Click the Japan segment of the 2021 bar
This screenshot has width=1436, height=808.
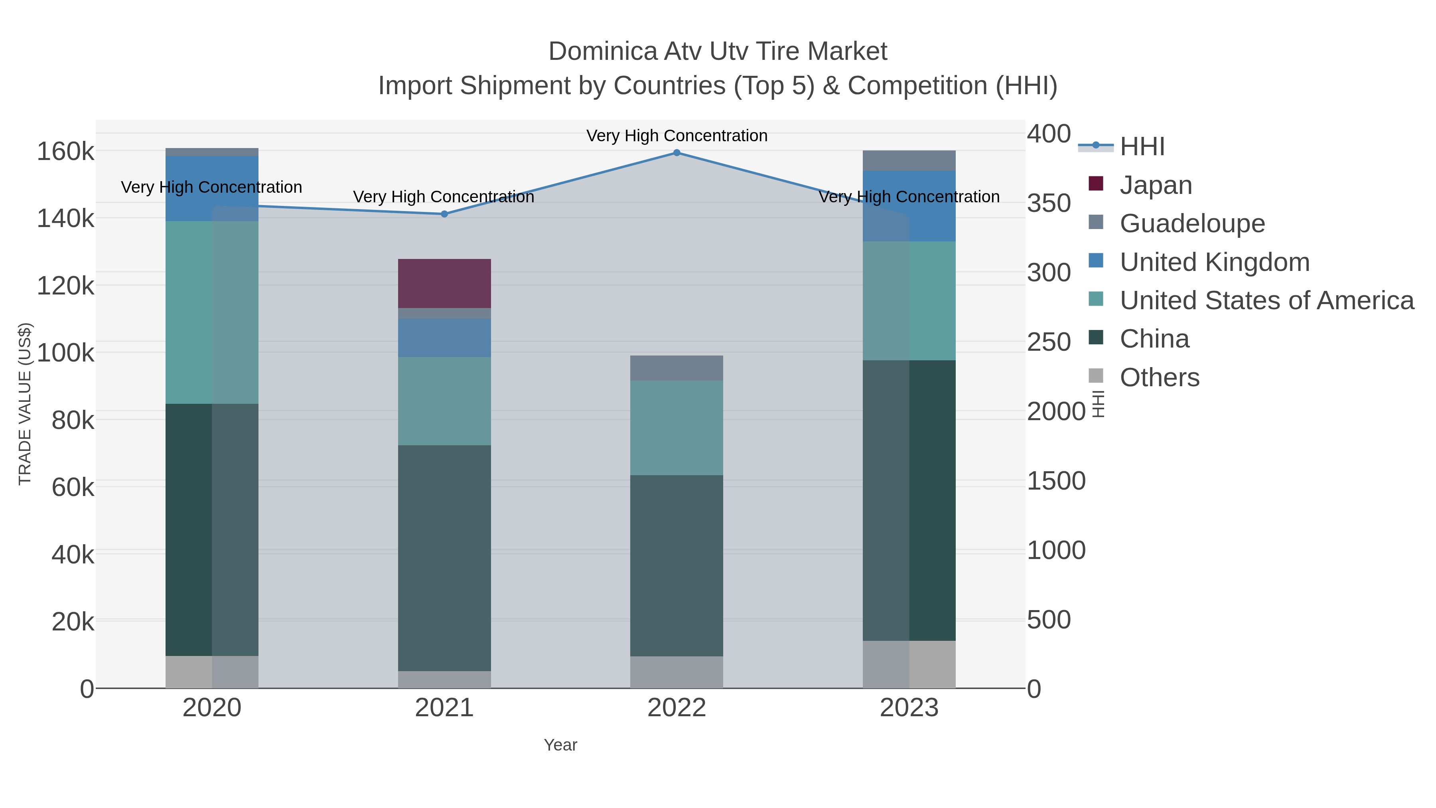(x=444, y=283)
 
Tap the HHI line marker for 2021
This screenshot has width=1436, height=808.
(x=444, y=214)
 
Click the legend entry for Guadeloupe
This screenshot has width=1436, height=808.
(x=1192, y=223)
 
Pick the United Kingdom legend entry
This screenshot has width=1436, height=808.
(x=1214, y=262)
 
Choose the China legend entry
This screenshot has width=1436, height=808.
(x=1154, y=339)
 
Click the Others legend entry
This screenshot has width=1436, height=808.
(x=1159, y=377)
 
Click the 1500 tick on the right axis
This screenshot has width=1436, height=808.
(x=1056, y=481)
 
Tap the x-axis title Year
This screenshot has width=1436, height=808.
(x=560, y=745)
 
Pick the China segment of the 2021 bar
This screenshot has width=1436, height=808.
(x=444, y=558)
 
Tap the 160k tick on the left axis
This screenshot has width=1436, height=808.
(x=66, y=152)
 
